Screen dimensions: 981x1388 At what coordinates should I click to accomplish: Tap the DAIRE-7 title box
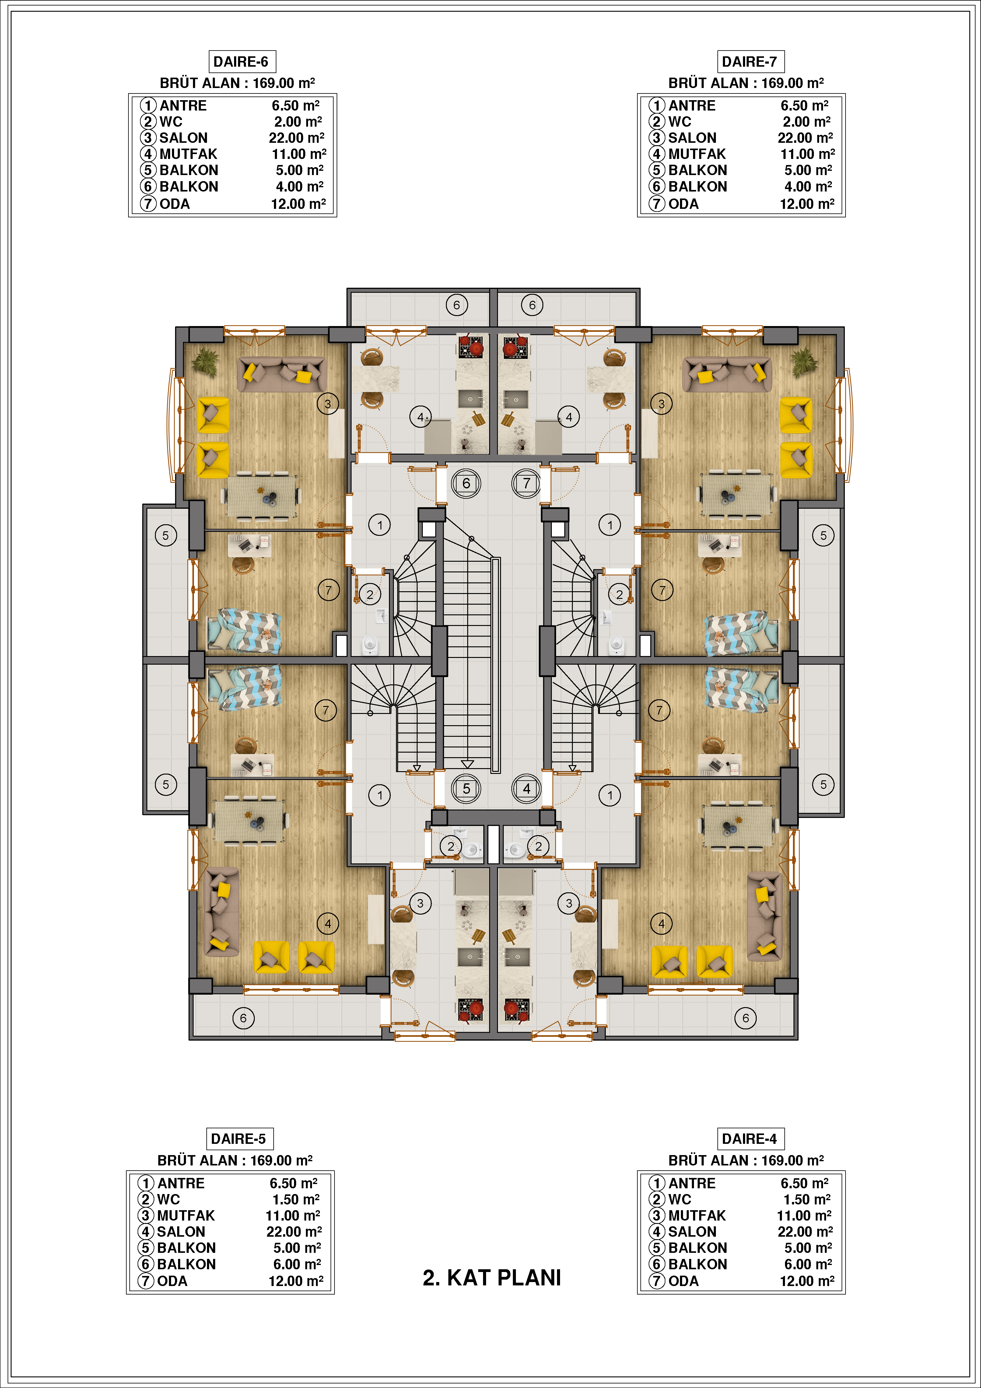pyautogui.click(x=750, y=62)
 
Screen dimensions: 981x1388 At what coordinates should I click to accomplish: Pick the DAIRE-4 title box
pyautogui.click(x=750, y=1139)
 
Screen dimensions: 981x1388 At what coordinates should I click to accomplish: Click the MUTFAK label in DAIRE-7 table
pyautogui.click(x=697, y=154)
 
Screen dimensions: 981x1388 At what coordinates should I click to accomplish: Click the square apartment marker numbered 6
pyautogui.click(x=466, y=483)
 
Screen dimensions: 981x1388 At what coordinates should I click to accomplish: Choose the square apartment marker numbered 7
pyautogui.click(x=527, y=483)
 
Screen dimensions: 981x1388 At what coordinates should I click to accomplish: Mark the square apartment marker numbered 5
pyautogui.click(x=466, y=788)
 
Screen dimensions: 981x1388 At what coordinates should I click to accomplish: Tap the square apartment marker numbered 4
pyautogui.click(x=527, y=788)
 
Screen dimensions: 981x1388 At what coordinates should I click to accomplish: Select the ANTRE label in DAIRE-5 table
pyautogui.click(x=181, y=1183)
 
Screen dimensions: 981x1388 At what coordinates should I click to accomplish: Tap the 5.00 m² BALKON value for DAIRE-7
pyautogui.click(x=808, y=170)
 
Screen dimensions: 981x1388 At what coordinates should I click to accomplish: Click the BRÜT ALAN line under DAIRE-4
pyautogui.click(x=746, y=1160)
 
